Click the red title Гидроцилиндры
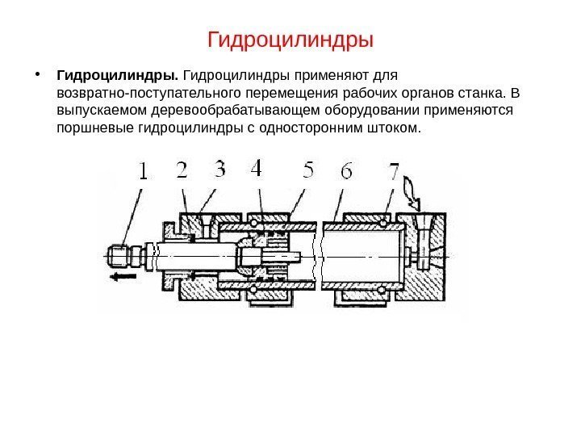click(290, 39)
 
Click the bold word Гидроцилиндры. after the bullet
click(118, 77)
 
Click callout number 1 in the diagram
click(142, 172)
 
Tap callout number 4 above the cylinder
click(257, 170)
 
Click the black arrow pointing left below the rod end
click(121, 276)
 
